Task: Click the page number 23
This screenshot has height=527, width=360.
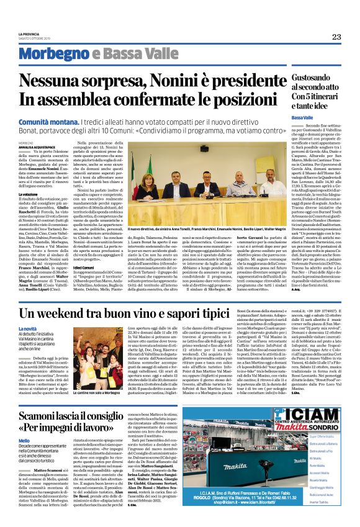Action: [336, 37]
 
